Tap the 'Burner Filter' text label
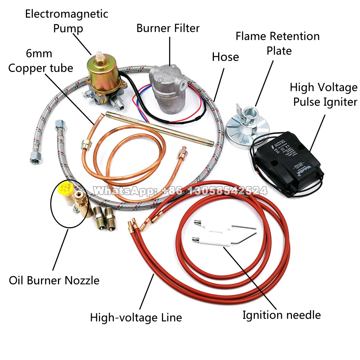coord(168,28)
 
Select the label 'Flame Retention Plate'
coord(278,43)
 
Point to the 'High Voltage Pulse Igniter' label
coord(324,95)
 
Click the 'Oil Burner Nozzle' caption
coord(54,280)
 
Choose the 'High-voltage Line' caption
coord(136,318)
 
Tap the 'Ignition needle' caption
coord(281,315)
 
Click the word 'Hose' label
coord(225,57)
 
